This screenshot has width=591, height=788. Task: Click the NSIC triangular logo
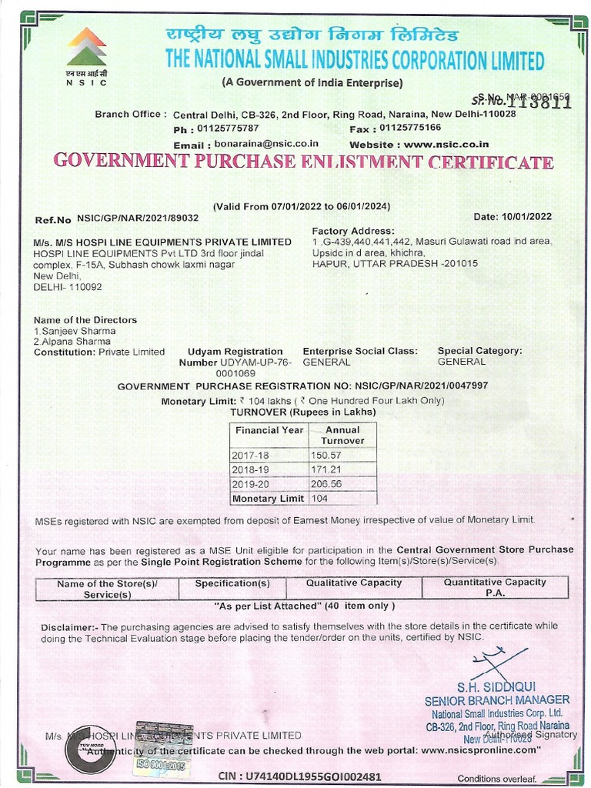(86, 47)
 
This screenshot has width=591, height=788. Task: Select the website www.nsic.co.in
(446, 144)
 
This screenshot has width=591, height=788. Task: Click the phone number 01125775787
(228, 128)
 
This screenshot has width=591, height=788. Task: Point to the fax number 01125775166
(411, 128)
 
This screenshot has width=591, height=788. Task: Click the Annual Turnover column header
(342, 436)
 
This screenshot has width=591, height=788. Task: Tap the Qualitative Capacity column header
(353, 583)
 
